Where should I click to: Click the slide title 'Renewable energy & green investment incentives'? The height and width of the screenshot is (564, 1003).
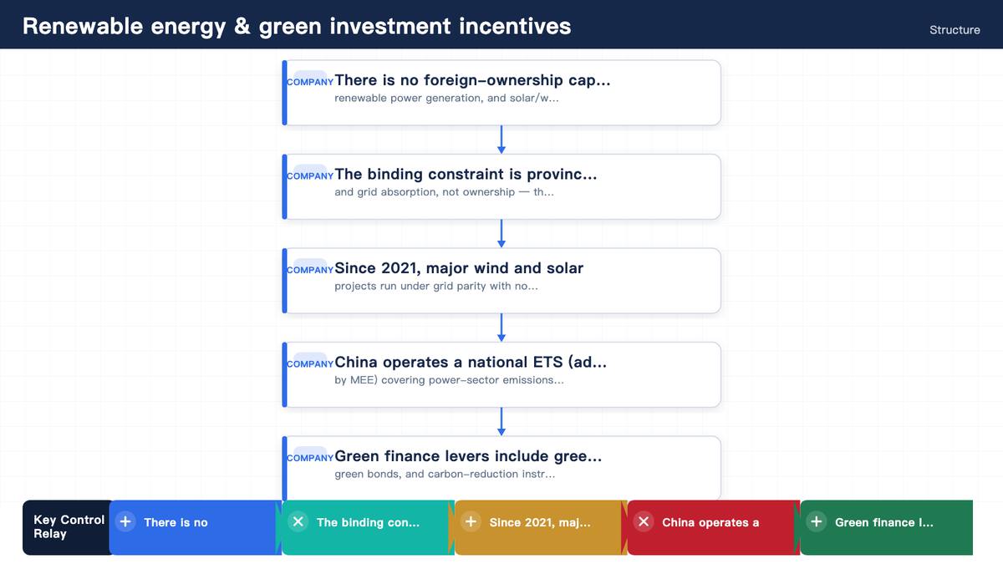[x=297, y=26]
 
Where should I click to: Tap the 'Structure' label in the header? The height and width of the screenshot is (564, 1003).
[x=955, y=30]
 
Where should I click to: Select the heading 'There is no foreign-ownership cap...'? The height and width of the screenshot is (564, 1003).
[x=472, y=80]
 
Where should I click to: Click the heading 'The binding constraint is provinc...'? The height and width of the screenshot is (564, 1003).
[x=466, y=174]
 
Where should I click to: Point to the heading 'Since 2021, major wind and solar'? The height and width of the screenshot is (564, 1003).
[x=459, y=268]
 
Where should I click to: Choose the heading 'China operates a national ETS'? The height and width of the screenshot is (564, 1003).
[x=471, y=362]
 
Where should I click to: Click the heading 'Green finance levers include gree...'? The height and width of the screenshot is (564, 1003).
[x=468, y=456]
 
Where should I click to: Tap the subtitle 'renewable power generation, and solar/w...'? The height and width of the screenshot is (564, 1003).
[x=446, y=98]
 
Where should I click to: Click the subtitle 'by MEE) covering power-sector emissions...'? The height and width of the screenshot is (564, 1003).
[x=449, y=380]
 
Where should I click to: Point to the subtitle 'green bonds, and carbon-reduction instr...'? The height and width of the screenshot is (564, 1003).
[x=445, y=474]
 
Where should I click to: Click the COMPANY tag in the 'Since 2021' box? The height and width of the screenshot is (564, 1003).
[x=310, y=270]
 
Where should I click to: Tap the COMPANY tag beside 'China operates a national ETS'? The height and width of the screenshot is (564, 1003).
[x=310, y=364]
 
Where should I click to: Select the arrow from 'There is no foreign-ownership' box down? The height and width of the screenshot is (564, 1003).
[x=501, y=140]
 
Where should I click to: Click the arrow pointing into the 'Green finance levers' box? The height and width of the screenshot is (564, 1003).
[x=501, y=422]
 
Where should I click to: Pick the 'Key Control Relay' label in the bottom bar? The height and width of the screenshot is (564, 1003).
[x=69, y=527]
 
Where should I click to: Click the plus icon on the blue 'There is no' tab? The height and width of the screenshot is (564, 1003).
[x=125, y=521]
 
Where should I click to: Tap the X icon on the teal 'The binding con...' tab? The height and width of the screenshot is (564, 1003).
[x=298, y=521]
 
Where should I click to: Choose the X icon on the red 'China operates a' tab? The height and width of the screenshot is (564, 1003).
[x=644, y=521]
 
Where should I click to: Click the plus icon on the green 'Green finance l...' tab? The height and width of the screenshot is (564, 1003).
[x=817, y=521]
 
